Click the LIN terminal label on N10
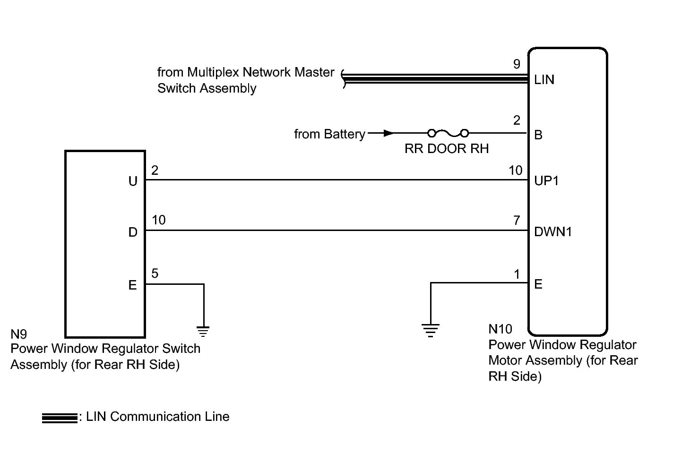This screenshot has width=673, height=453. point(544,80)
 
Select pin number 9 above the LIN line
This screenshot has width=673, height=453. point(517,64)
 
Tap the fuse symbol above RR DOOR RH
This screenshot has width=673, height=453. point(448,133)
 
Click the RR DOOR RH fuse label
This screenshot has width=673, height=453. point(446,149)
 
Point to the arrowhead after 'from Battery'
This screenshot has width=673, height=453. point(388,133)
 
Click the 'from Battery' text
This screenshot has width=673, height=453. point(329,135)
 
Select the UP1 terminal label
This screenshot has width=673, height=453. point(546,181)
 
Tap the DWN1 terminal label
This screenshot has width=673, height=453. point(552,232)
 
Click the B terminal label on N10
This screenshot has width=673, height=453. point(538,135)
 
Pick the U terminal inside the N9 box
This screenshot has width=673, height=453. point(133,181)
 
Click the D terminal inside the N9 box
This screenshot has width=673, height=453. point(133,232)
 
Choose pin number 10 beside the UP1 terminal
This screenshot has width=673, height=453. point(516,171)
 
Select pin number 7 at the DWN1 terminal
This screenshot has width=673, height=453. point(517,220)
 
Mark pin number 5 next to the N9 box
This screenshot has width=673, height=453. point(155,274)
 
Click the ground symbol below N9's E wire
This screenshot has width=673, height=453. point(203,331)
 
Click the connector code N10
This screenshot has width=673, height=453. point(500,329)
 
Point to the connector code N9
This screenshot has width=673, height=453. point(19,334)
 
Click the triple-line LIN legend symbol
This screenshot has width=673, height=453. point(59,418)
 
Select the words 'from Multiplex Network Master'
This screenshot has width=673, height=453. point(246,72)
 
